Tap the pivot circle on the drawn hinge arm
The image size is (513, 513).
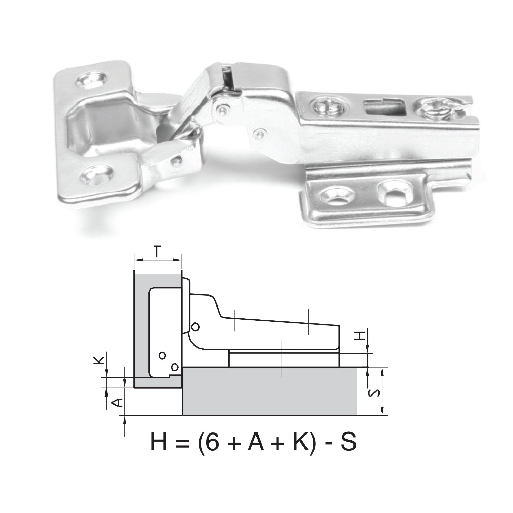pos(195,327)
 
